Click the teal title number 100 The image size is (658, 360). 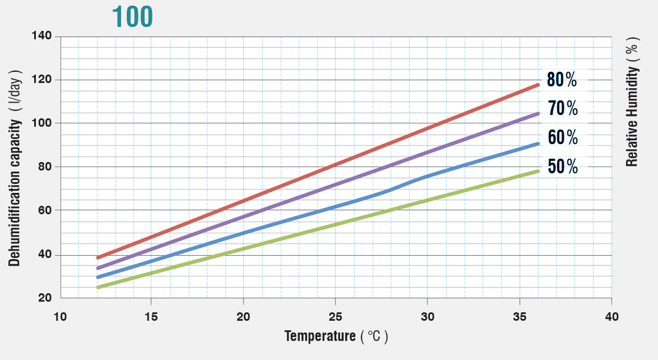(x=132, y=17)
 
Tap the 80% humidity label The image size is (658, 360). (x=562, y=80)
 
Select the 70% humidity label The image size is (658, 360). (x=562, y=108)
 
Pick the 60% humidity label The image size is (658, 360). (x=562, y=137)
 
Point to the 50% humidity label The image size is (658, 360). (x=562, y=166)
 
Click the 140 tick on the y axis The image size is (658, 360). (x=41, y=36)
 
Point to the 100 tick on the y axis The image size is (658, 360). (x=41, y=123)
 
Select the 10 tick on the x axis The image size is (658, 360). (x=60, y=316)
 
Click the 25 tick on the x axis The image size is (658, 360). (x=336, y=316)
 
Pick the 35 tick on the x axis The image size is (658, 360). (x=520, y=316)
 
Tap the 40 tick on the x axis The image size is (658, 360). (x=612, y=316)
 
